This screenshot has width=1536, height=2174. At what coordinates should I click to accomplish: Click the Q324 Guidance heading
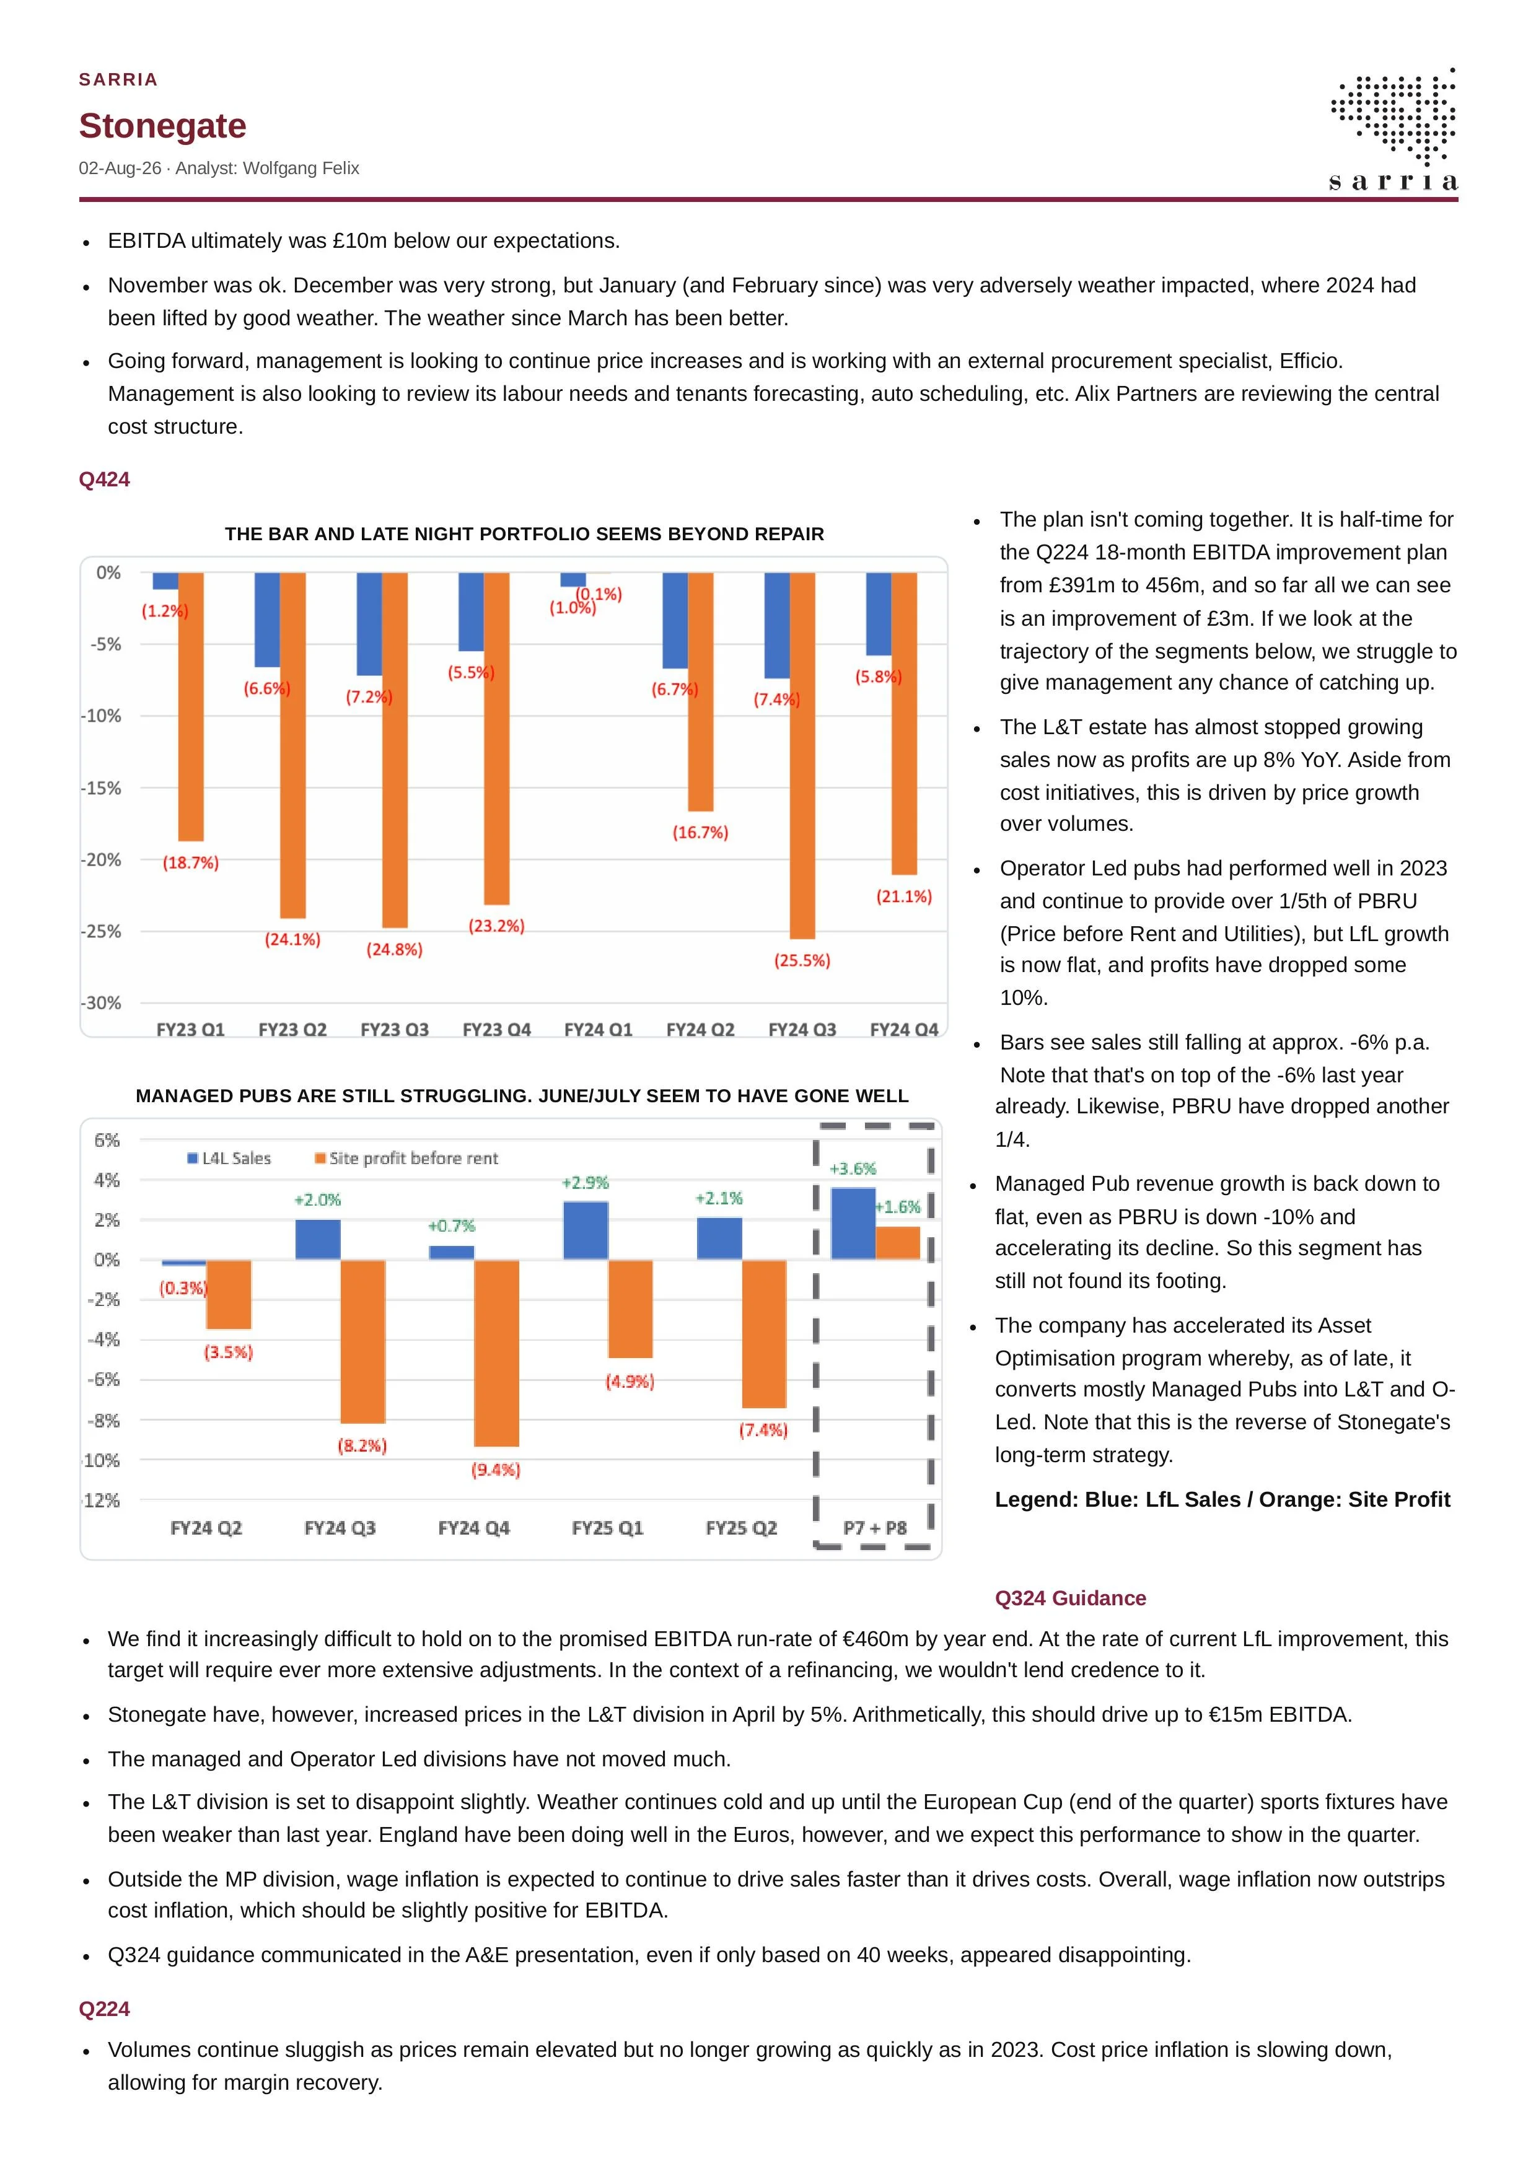(1070, 1598)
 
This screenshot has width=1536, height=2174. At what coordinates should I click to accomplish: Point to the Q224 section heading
(104, 2009)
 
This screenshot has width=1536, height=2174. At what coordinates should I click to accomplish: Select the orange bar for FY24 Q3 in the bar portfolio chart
(802, 756)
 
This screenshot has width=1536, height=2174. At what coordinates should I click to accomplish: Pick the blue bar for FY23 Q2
(267, 620)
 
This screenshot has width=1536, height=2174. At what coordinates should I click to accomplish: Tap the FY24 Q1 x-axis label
(599, 1029)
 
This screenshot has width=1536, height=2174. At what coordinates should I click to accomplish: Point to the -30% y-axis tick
(102, 1002)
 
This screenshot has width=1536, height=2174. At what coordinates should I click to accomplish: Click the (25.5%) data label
(802, 960)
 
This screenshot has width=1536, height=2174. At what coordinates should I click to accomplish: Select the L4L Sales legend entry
(229, 1158)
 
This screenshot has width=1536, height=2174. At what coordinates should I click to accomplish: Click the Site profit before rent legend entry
(406, 1158)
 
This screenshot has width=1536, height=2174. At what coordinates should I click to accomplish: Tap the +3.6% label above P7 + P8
(853, 1168)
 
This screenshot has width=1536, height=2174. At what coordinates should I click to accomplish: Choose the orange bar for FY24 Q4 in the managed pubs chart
(496, 1353)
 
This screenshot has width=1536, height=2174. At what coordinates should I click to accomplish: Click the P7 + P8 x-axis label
(875, 1528)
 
